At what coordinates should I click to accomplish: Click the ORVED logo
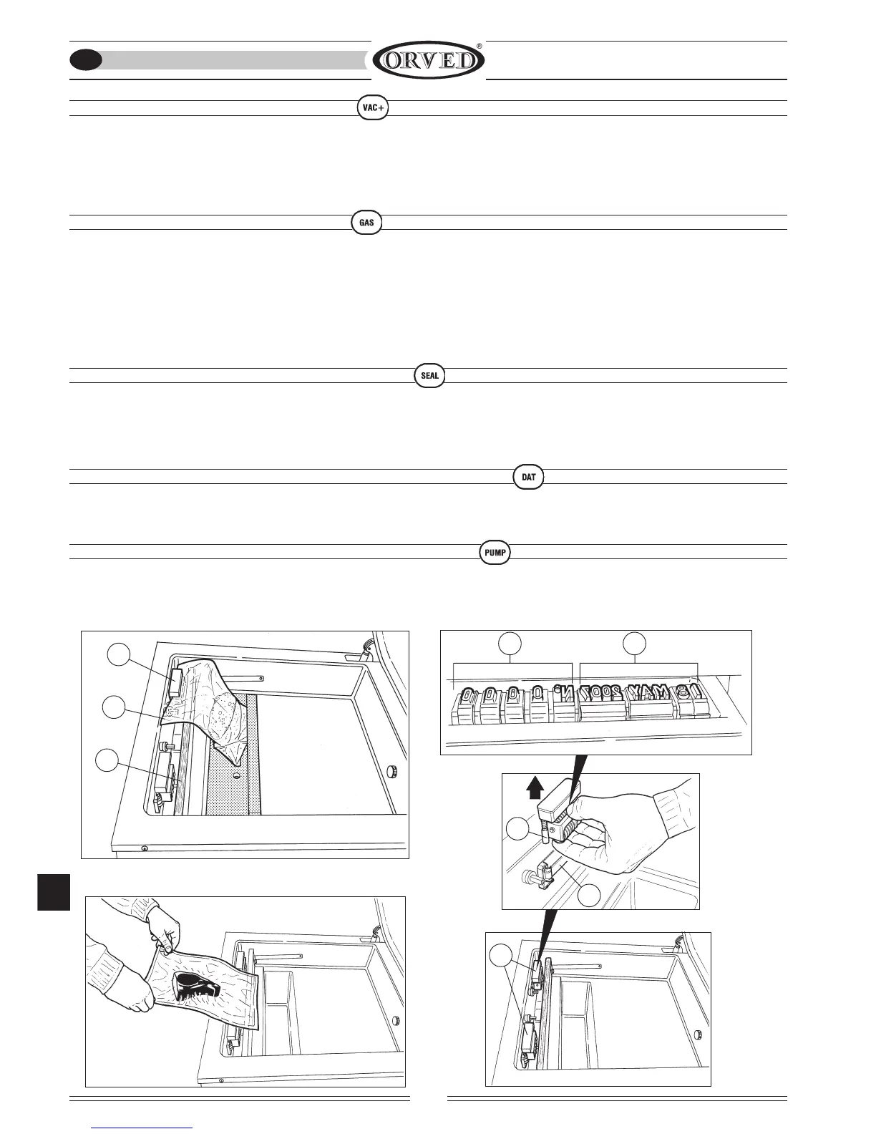[x=428, y=60]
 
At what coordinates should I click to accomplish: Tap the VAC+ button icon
[x=372, y=107]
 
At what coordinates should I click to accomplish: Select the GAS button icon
[x=366, y=222]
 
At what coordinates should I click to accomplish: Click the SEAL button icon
[x=429, y=375]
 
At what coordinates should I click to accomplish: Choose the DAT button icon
[x=529, y=477]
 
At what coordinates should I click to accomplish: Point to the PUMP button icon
[x=495, y=552]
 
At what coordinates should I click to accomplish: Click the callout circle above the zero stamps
[x=510, y=643]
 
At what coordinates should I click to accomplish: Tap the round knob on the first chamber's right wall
[x=391, y=771]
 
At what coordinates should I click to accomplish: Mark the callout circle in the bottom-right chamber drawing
[x=501, y=956]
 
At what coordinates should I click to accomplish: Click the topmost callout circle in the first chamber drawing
[x=119, y=654]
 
